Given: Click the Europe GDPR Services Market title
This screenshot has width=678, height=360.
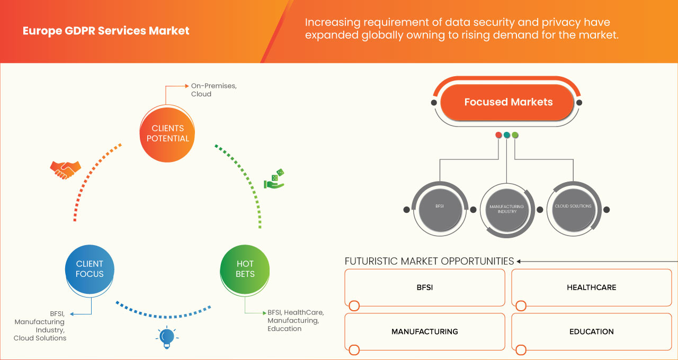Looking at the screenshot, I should click(x=106, y=31).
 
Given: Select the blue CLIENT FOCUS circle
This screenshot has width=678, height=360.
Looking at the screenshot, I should click(x=90, y=268).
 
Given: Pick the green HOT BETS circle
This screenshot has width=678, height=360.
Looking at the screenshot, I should click(x=245, y=268).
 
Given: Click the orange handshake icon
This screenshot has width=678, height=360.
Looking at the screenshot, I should click(x=65, y=169).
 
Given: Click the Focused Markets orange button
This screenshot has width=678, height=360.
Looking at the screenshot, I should click(x=508, y=102).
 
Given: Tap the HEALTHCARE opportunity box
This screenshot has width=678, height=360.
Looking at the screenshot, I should click(x=591, y=287).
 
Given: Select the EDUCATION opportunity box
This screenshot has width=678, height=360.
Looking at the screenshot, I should click(x=591, y=331).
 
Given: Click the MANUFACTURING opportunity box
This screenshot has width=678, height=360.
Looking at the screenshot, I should click(x=424, y=331).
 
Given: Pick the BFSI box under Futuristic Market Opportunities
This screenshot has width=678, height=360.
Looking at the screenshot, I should click(x=424, y=287).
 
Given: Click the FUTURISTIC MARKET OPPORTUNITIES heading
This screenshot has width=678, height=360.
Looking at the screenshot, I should click(x=429, y=261).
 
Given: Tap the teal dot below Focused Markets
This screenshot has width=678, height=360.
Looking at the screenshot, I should click(x=507, y=135).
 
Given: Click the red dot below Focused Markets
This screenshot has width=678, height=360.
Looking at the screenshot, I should click(x=498, y=135).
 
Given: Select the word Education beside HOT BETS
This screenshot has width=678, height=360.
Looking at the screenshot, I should click(x=284, y=329).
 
